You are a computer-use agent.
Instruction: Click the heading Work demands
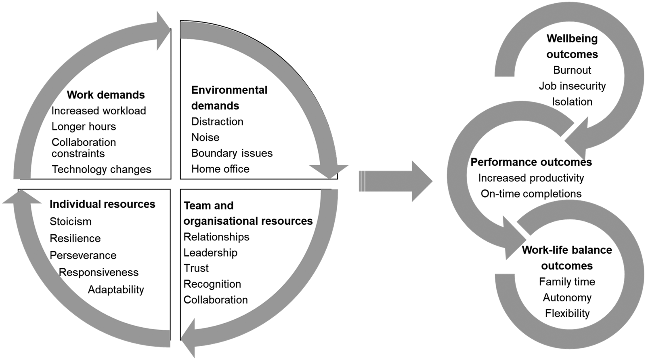pos(106,95)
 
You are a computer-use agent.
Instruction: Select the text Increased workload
pos(99,111)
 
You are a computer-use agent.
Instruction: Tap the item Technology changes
pos(101,169)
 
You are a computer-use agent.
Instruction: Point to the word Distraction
pos(217,122)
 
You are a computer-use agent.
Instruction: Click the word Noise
pos(205,137)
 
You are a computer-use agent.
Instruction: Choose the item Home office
pos(220,169)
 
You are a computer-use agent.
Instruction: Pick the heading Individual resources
pos(102,204)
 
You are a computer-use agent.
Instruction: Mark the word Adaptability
pos(116,290)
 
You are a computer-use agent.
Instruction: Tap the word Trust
pos(196,268)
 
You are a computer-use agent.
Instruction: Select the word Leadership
pos(210,253)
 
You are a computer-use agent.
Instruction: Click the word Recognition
pos(212,284)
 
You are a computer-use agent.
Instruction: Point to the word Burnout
pos(572,70)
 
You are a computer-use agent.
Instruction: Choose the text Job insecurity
pos(572,86)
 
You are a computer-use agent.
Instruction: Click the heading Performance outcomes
pos(531,162)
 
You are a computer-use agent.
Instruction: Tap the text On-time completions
pos(531,194)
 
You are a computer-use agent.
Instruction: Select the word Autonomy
pos(567,298)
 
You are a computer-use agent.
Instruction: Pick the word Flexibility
pos(567,314)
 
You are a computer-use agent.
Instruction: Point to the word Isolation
pos(572,102)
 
